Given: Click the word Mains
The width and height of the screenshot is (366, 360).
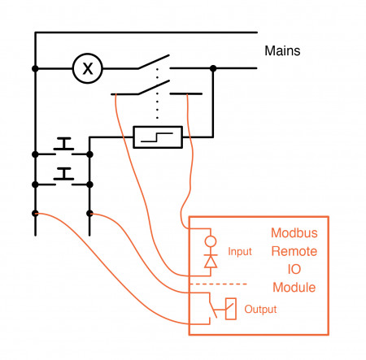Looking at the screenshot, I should tap(282, 50).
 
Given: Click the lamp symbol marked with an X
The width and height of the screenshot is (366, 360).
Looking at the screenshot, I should tap(88, 68).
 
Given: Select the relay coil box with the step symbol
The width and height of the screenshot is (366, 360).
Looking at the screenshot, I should tap(157, 137).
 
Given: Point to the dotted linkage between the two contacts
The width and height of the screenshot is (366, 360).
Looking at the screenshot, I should tap(156, 104).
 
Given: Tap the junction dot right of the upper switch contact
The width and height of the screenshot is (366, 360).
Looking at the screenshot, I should tap(212, 68).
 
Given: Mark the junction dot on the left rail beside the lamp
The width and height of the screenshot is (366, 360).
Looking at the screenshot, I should tap(35, 68).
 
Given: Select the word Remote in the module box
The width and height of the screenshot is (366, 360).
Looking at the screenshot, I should tap(294, 251).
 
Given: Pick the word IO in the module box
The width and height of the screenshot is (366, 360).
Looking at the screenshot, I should tap(294, 270).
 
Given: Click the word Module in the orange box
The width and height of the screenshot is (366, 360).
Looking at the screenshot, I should tap(294, 288).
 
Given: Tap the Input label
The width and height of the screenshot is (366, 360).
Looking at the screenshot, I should tap(240, 252).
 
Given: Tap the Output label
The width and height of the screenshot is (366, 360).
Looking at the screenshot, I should tap(260, 310).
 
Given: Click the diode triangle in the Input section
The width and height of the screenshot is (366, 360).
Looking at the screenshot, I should tap(211, 261).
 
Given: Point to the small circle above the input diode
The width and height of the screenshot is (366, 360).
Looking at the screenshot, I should tap(211, 241).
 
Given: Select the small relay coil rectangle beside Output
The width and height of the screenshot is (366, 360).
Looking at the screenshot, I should tap(231, 309).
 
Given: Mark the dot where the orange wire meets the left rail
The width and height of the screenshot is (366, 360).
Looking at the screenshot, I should tap(35, 213).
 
